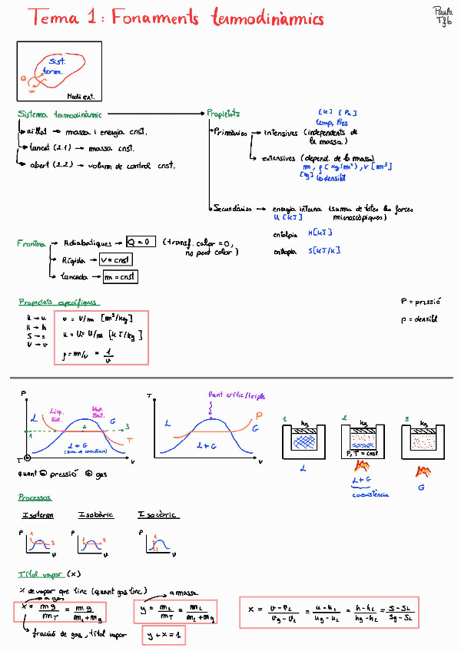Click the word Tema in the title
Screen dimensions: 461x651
click(51, 19)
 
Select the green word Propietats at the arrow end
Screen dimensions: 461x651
click(224, 114)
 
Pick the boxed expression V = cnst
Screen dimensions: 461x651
click(116, 259)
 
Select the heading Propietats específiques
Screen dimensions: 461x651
click(58, 302)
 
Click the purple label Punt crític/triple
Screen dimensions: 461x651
click(237, 395)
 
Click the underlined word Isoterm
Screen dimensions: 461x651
click(38, 515)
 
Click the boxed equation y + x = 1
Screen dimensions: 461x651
click(164, 636)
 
